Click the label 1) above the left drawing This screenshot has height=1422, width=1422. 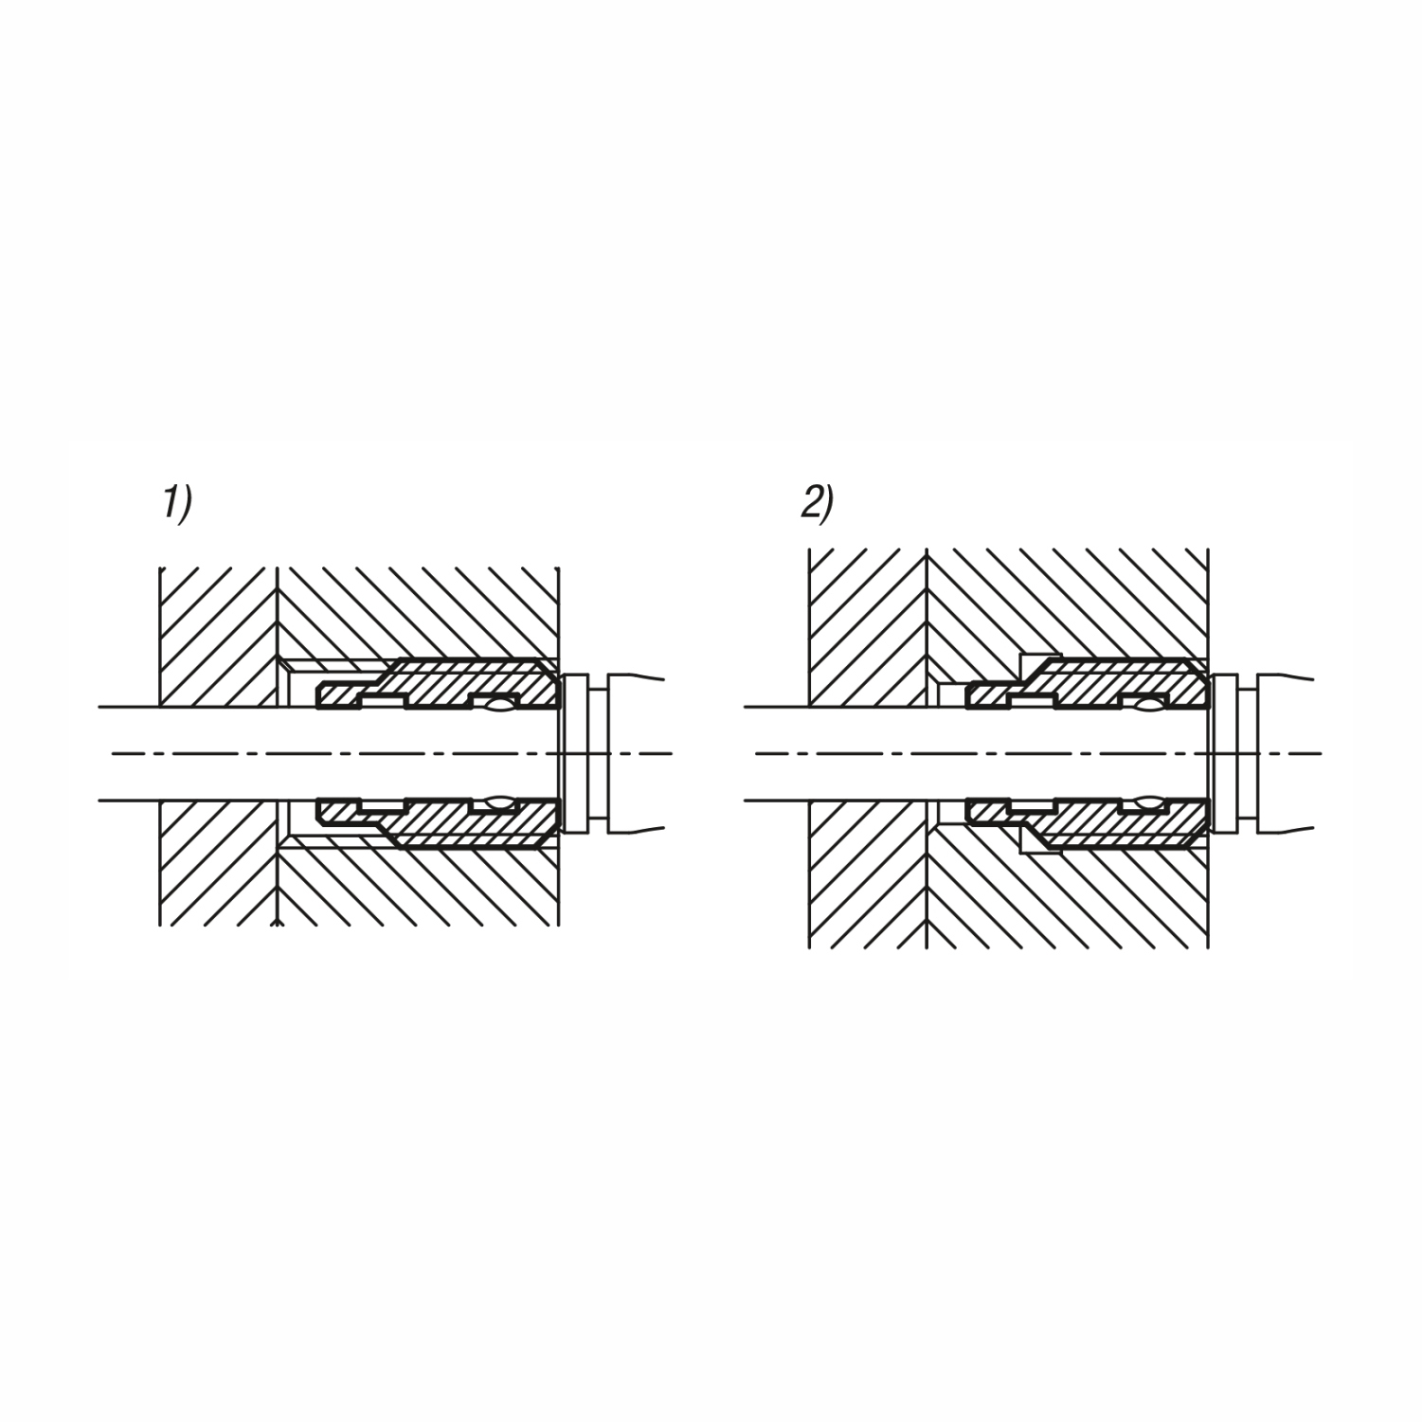[177, 503]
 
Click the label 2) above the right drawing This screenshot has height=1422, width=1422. [818, 503]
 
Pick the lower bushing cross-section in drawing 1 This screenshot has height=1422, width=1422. [439, 822]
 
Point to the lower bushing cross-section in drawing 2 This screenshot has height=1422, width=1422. [1088, 822]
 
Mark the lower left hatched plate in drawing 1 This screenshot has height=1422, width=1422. [219, 863]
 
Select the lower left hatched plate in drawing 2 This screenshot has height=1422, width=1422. [868, 874]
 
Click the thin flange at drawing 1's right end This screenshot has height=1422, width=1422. [575, 753]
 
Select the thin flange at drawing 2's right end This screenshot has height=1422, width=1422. [1224, 753]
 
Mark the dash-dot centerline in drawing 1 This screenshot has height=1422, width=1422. [391, 753]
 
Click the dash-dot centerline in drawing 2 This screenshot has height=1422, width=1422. [1038, 753]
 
